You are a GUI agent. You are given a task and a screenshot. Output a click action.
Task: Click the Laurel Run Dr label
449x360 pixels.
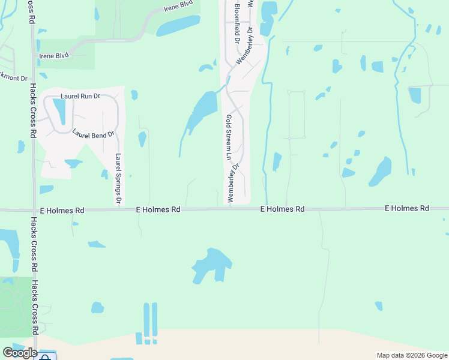(x=80, y=96)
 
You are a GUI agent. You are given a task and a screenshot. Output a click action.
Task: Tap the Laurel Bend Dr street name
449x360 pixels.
(x=93, y=134)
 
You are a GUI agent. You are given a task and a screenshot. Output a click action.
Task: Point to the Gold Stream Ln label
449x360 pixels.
(x=229, y=137)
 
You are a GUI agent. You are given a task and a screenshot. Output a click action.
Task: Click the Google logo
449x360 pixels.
(x=20, y=353)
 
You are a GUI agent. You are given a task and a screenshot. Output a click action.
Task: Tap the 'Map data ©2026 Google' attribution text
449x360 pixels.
(x=411, y=355)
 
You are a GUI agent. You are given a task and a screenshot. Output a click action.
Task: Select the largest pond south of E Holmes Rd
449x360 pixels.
(x=212, y=264)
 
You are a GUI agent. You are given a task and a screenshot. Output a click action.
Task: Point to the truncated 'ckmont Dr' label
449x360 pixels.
(x=14, y=78)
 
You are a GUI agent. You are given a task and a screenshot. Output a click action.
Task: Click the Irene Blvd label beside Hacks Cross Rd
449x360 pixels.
(x=53, y=55)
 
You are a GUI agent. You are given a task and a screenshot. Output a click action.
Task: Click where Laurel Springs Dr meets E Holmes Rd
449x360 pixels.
(x=119, y=209)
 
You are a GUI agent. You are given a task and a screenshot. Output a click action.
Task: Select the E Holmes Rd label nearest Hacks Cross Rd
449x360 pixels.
(x=62, y=210)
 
